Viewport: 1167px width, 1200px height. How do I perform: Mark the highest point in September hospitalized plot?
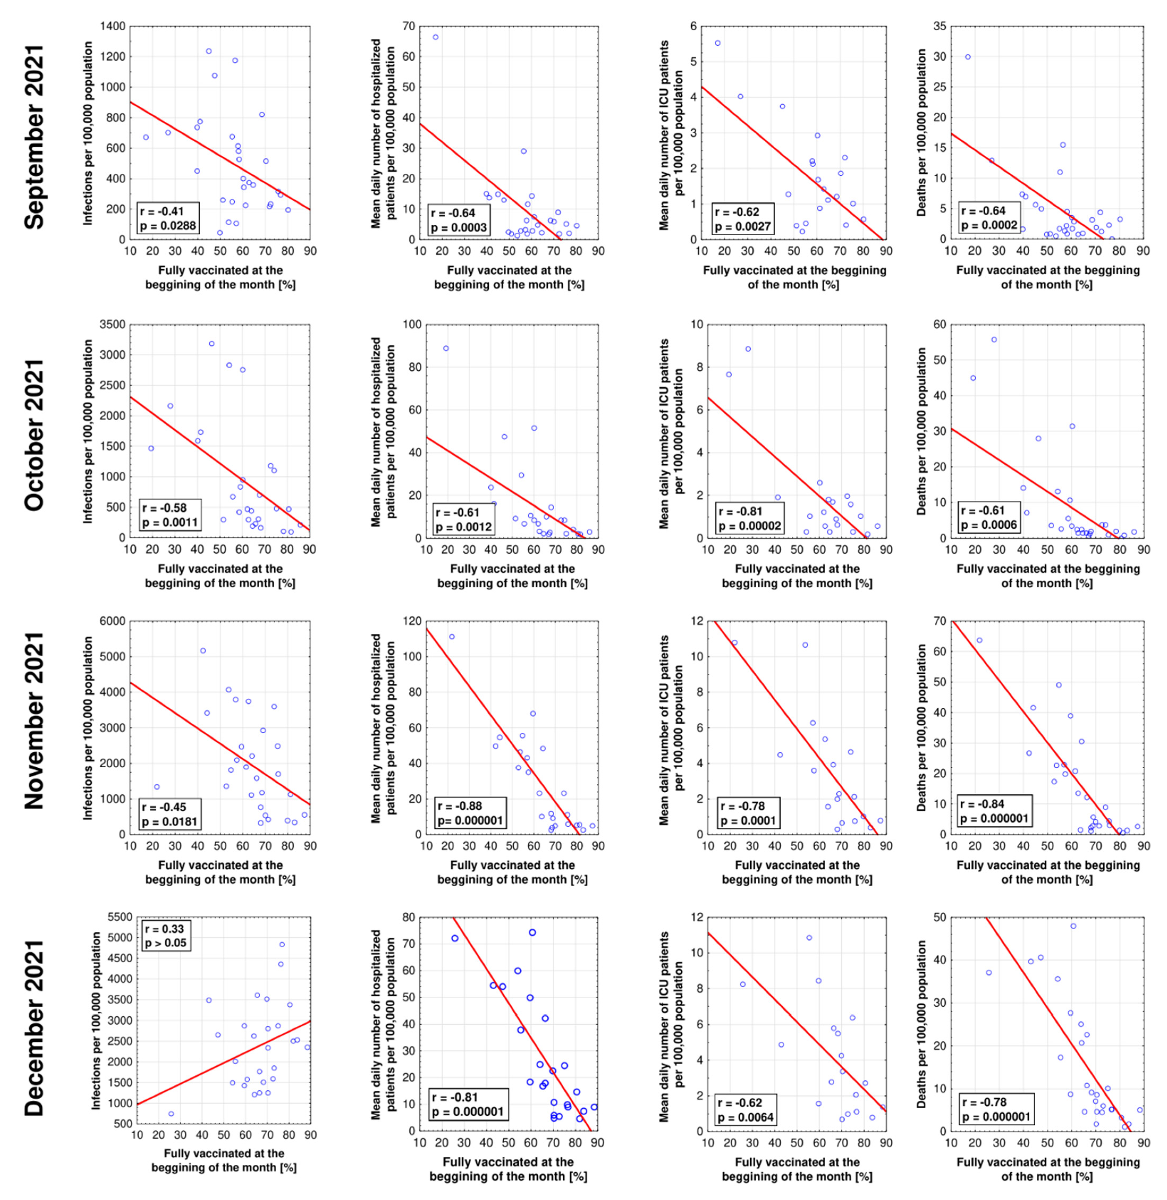coord(435,37)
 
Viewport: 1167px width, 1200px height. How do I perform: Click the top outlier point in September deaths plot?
coord(968,57)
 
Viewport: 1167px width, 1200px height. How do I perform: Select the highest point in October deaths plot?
coord(994,340)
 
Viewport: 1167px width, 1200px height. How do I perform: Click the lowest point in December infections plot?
coord(171,1114)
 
